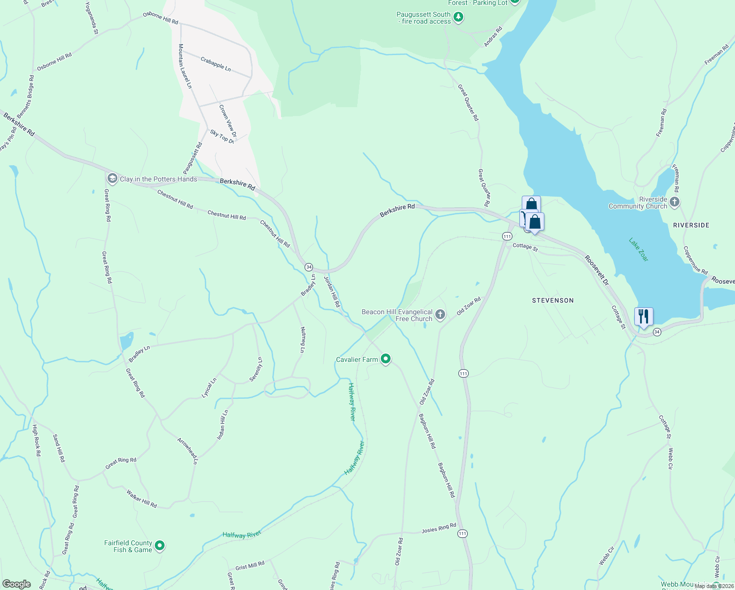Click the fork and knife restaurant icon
coord(643,316)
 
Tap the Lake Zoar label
coord(639,250)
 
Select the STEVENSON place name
coord(553,300)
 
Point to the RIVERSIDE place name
coord(691,225)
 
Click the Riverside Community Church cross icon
coord(675,202)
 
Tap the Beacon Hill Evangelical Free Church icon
coord(440,315)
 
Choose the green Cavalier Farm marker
coord(386,359)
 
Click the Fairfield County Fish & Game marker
coord(159,546)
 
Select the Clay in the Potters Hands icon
coord(113,178)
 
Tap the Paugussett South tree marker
coord(458,18)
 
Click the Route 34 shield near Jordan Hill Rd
coord(309,267)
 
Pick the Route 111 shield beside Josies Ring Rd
coord(462,533)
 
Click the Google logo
coord(16,584)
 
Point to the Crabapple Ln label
coord(216,64)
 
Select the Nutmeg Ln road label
coord(303,340)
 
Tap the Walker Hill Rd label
coord(141,499)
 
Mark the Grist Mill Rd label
coord(250,566)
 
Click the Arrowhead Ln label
coord(187,451)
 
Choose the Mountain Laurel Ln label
coord(185,66)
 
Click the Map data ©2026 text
coord(713,586)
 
